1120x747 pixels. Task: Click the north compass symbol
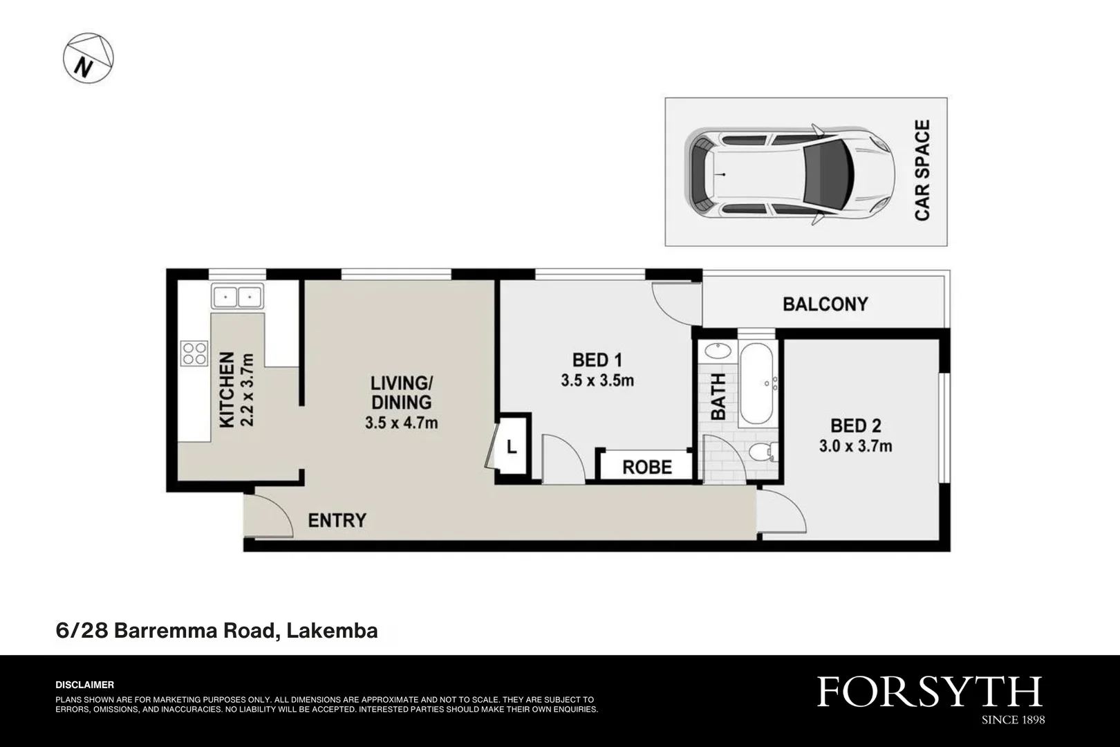88,58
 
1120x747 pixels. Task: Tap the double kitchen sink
237,297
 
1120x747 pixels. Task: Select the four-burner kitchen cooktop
194,353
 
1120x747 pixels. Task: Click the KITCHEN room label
227,390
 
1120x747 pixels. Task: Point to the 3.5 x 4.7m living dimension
402,423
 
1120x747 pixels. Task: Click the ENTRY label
337,520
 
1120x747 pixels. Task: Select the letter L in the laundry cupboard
512,447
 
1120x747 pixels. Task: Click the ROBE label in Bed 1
647,468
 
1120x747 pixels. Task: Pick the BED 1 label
597,360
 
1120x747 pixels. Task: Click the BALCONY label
825,304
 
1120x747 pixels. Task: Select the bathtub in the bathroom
756,384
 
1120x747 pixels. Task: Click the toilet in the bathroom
763,452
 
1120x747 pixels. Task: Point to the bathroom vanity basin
718,351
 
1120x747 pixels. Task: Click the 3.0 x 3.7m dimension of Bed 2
855,446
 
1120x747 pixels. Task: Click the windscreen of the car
828,174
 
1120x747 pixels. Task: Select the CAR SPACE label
922,170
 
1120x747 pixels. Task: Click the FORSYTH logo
930,692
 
